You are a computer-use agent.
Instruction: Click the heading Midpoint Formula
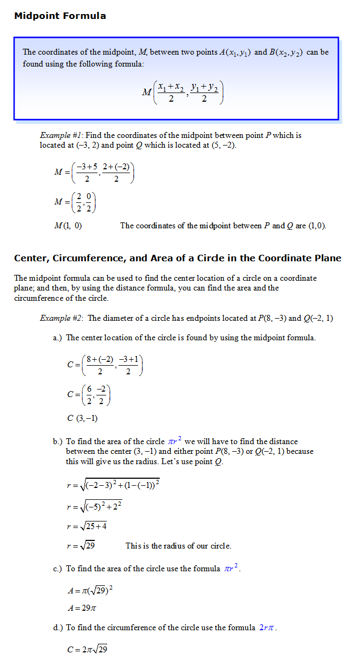(x=60, y=16)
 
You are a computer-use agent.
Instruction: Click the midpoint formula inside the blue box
(x=182, y=93)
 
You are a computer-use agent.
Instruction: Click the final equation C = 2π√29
(x=87, y=649)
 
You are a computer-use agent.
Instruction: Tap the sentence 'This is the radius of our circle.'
(x=178, y=546)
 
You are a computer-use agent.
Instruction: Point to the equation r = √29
(x=81, y=546)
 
